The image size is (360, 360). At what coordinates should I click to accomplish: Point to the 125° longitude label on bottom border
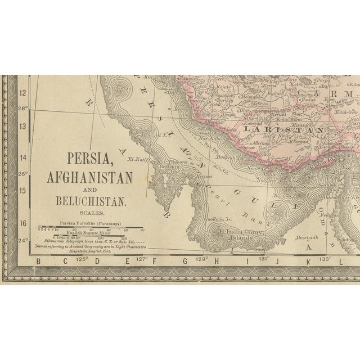tap(84, 260)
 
